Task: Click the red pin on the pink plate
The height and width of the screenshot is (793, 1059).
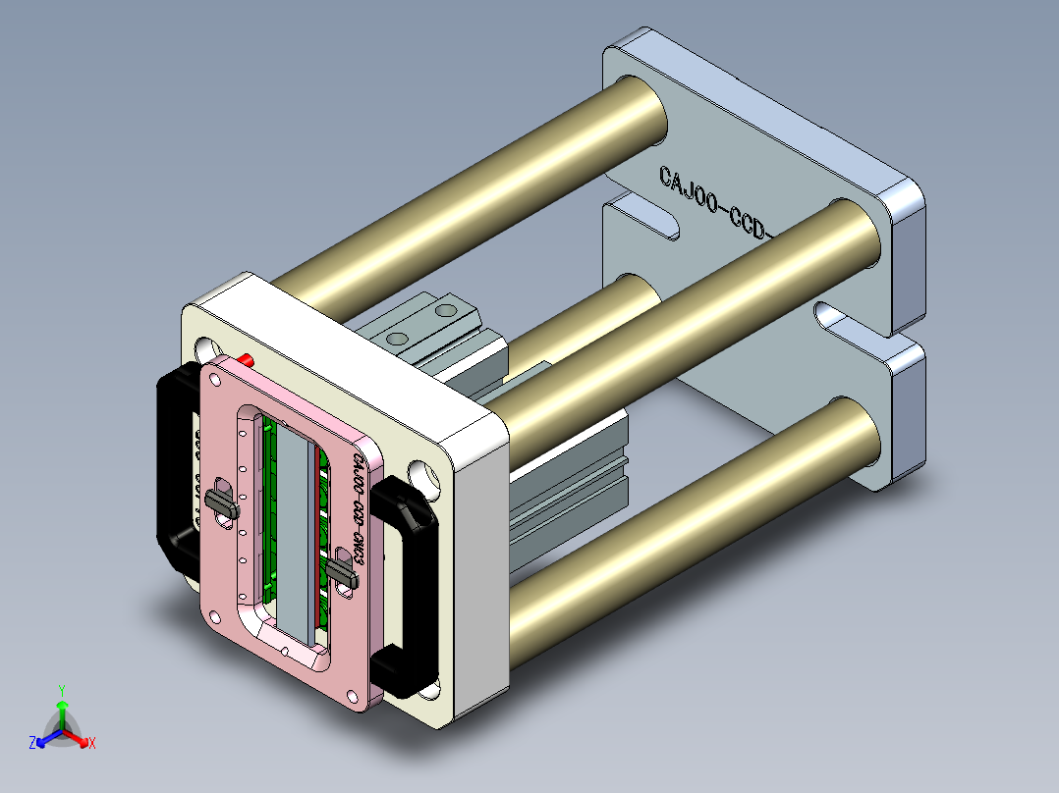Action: click(247, 359)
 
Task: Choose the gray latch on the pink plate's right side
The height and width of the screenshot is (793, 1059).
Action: click(339, 571)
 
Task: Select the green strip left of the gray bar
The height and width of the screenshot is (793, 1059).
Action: click(269, 510)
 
